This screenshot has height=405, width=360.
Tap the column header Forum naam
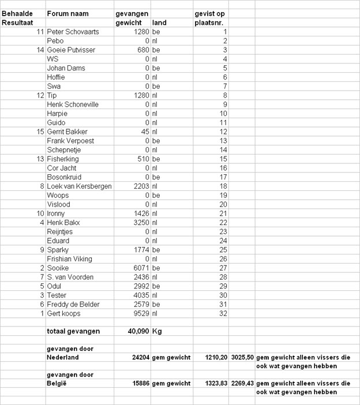(x=66, y=13)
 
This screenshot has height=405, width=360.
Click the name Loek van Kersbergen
(x=79, y=186)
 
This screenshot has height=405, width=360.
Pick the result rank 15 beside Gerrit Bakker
(x=40, y=132)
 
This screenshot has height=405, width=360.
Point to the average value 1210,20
(x=215, y=358)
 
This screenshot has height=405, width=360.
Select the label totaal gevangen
(x=73, y=331)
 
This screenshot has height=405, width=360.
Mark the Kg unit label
(x=156, y=331)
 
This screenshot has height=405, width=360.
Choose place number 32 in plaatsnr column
(x=223, y=313)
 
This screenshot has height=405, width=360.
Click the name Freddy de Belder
(x=72, y=304)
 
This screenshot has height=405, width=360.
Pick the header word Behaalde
(x=17, y=13)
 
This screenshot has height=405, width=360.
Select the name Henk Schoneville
(x=73, y=104)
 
